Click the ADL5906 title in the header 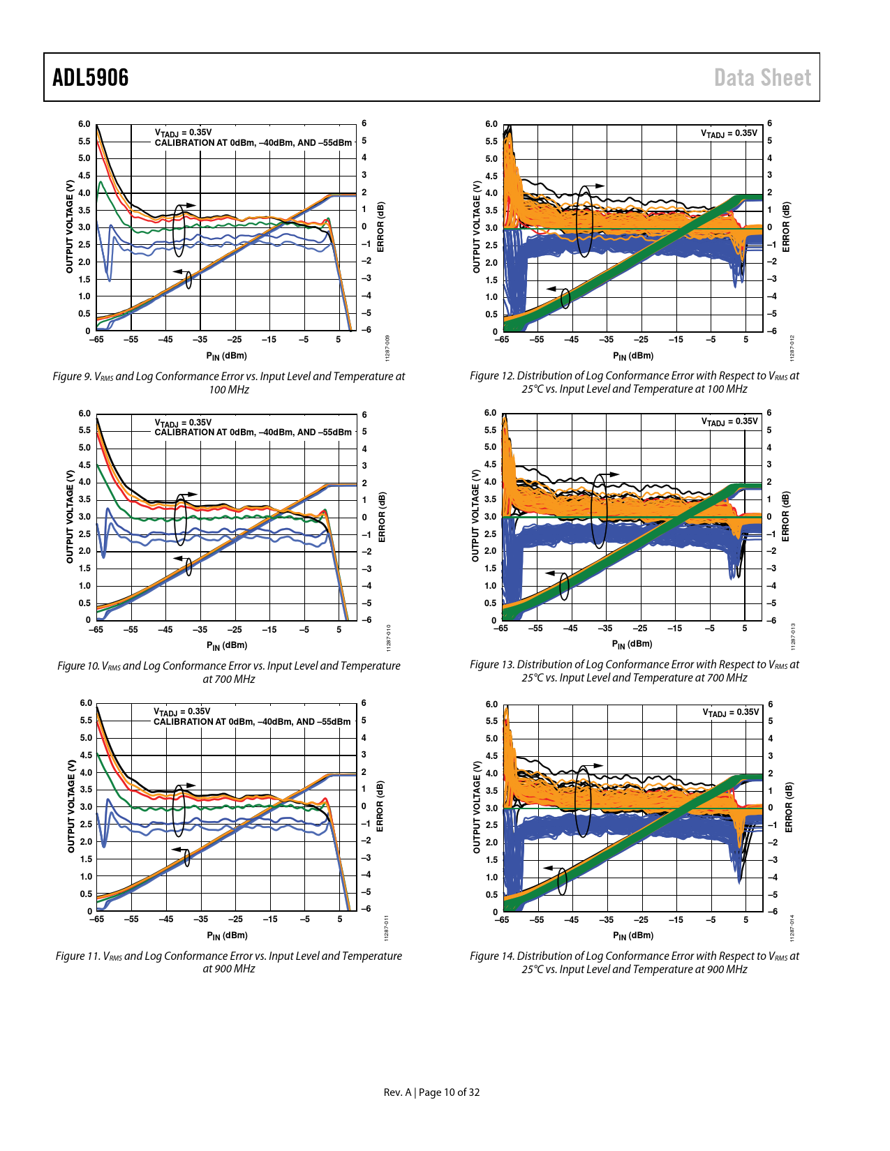(x=91, y=77)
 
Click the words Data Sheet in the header (x=762, y=77)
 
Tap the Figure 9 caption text (x=229, y=382)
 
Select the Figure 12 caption (x=635, y=382)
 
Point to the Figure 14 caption (x=635, y=963)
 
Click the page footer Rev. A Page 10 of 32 (x=431, y=1092)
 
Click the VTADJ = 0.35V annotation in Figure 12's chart (x=729, y=133)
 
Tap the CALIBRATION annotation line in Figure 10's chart (x=253, y=432)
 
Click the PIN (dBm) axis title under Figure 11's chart (x=227, y=935)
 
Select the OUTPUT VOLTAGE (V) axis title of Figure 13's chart (x=475, y=516)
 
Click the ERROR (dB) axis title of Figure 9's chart (x=380, y=227)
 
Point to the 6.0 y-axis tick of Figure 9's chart (x=84, y=124)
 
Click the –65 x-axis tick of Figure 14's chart (x=502, y=919)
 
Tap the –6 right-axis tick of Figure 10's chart (x=364, y=619)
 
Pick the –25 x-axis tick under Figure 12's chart (x=640, y=340)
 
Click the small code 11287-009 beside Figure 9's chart (x=387, y=347)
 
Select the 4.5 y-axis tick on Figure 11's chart (x=85, y=755)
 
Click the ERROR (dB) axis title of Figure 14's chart (x=789, y=807)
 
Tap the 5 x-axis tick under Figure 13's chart (x=745, y=628)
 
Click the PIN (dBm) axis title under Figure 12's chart (x=633, y=356)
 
